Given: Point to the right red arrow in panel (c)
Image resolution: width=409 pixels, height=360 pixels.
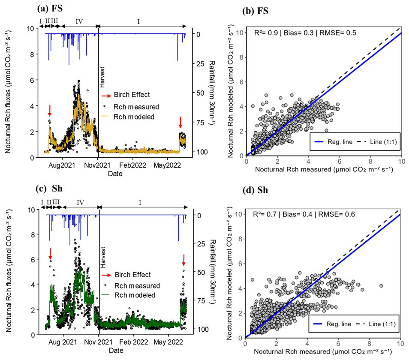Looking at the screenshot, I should coord(184,260).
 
